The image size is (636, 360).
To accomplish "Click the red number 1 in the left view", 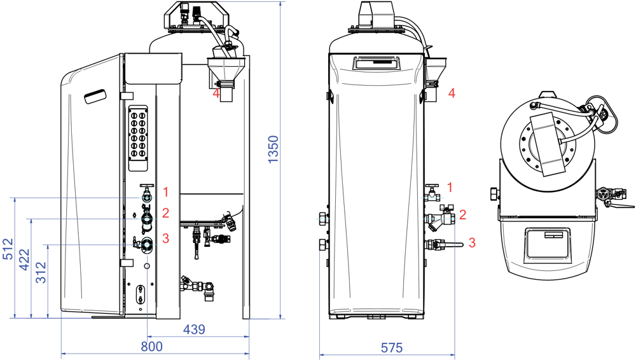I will tap(165, 191).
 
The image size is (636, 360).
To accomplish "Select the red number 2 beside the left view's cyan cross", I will tap(165, 212).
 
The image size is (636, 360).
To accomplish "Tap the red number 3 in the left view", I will tap(165, 239).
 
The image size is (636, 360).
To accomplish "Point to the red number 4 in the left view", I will tap(216, 94).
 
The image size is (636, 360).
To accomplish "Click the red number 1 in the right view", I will tap(450, 188).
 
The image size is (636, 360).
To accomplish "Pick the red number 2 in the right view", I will tap(462, 215).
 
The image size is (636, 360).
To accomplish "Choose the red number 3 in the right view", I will tap(472, 243).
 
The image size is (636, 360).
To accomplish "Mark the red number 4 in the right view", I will tap(452, 93).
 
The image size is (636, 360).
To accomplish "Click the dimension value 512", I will tap(8, 249).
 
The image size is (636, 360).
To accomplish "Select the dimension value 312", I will tap(41, 272).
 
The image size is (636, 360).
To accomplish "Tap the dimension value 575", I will tap(392, 349).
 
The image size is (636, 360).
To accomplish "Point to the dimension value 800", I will tap(151, 347).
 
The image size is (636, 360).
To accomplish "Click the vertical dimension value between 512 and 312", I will tap(24, 260).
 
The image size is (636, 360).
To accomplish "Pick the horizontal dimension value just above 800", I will tap(194, 329).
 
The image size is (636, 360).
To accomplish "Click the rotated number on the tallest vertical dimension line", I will tap(273, 149).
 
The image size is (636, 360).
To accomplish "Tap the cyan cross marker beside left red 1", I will tap(147, 198).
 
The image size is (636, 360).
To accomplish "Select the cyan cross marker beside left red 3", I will tap(147, 244).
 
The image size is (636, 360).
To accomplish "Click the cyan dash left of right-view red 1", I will tap(432, 198).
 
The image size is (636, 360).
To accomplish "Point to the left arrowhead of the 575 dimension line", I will tap(322, 355).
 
